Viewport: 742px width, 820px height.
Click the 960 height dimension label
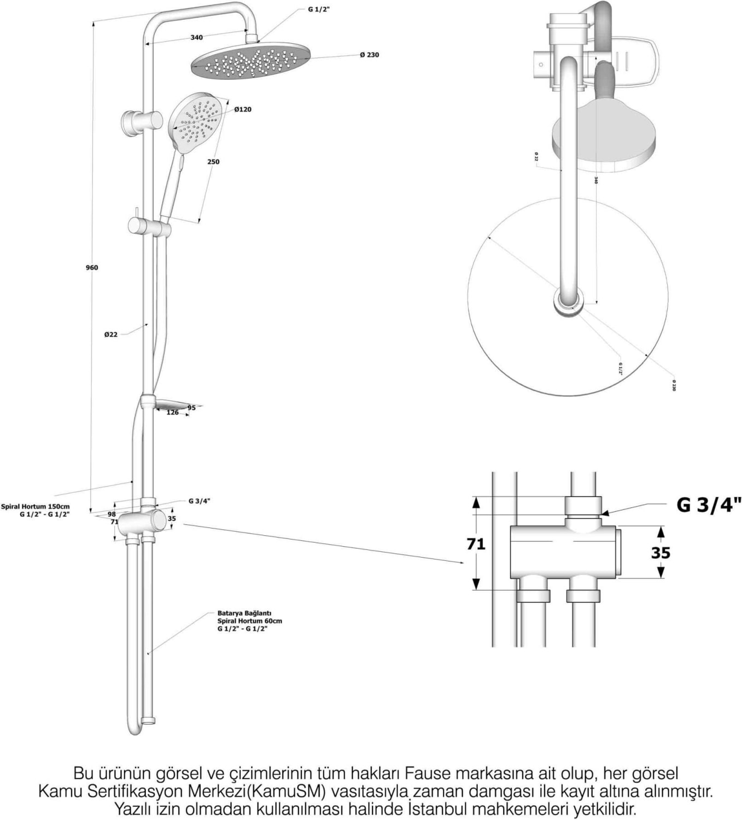click(92, 267)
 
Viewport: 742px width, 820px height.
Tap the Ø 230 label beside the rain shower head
click(370, 55)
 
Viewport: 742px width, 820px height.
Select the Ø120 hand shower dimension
click(243, 109)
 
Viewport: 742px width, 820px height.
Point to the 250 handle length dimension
click(213, 162)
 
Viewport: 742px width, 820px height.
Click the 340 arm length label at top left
click(196, 38)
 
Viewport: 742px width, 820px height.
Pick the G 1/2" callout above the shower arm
click(319, 10)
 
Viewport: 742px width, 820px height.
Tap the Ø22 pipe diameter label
click(111, 335)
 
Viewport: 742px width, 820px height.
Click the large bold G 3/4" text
click(709, 505)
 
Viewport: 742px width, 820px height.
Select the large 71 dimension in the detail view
click(476, 544)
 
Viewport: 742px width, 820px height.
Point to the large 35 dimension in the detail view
click(661, 553)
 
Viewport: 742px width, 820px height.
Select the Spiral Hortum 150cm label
click(35, 507)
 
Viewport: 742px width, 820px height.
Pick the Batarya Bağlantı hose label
click(244, 613)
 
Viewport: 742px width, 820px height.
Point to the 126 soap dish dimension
click(173, 413)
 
